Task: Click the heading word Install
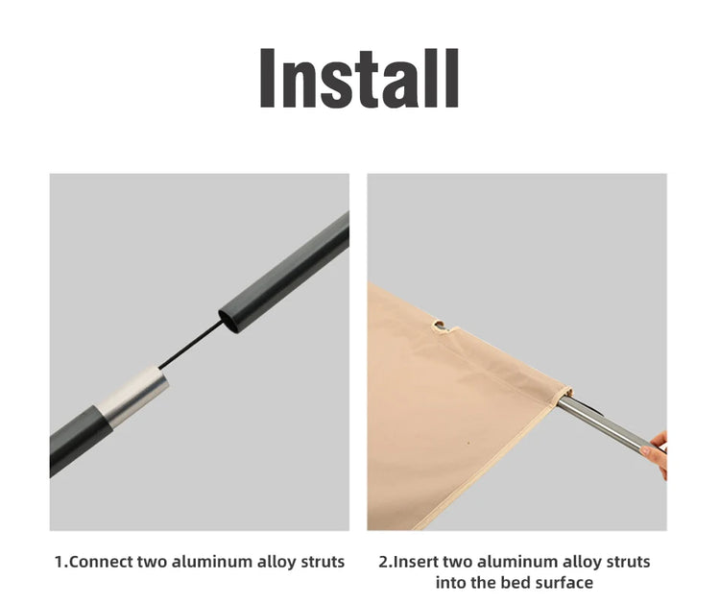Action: [x=359, y=78]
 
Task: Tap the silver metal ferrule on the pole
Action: [x=133, y=397]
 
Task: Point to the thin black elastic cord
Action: [x=191, y=344]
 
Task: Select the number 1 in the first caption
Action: [x=59, y=562]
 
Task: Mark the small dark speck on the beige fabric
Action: [x=468, y=444]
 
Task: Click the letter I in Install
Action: [x=267, y=78]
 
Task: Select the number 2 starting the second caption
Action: [x=383, y=562]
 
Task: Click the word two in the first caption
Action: [x=152, y=562]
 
